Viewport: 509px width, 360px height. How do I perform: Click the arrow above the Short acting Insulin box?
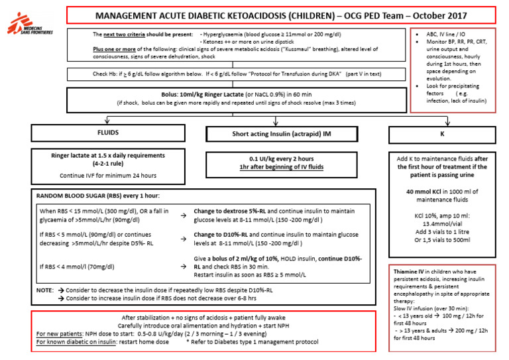[x=276, y=120]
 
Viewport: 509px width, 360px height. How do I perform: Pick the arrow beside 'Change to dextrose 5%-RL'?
[x=182, y=215]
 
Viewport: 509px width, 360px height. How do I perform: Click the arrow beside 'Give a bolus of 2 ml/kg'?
[x=182, y=266]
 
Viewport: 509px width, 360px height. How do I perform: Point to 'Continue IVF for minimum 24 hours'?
[x=99, y=175]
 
